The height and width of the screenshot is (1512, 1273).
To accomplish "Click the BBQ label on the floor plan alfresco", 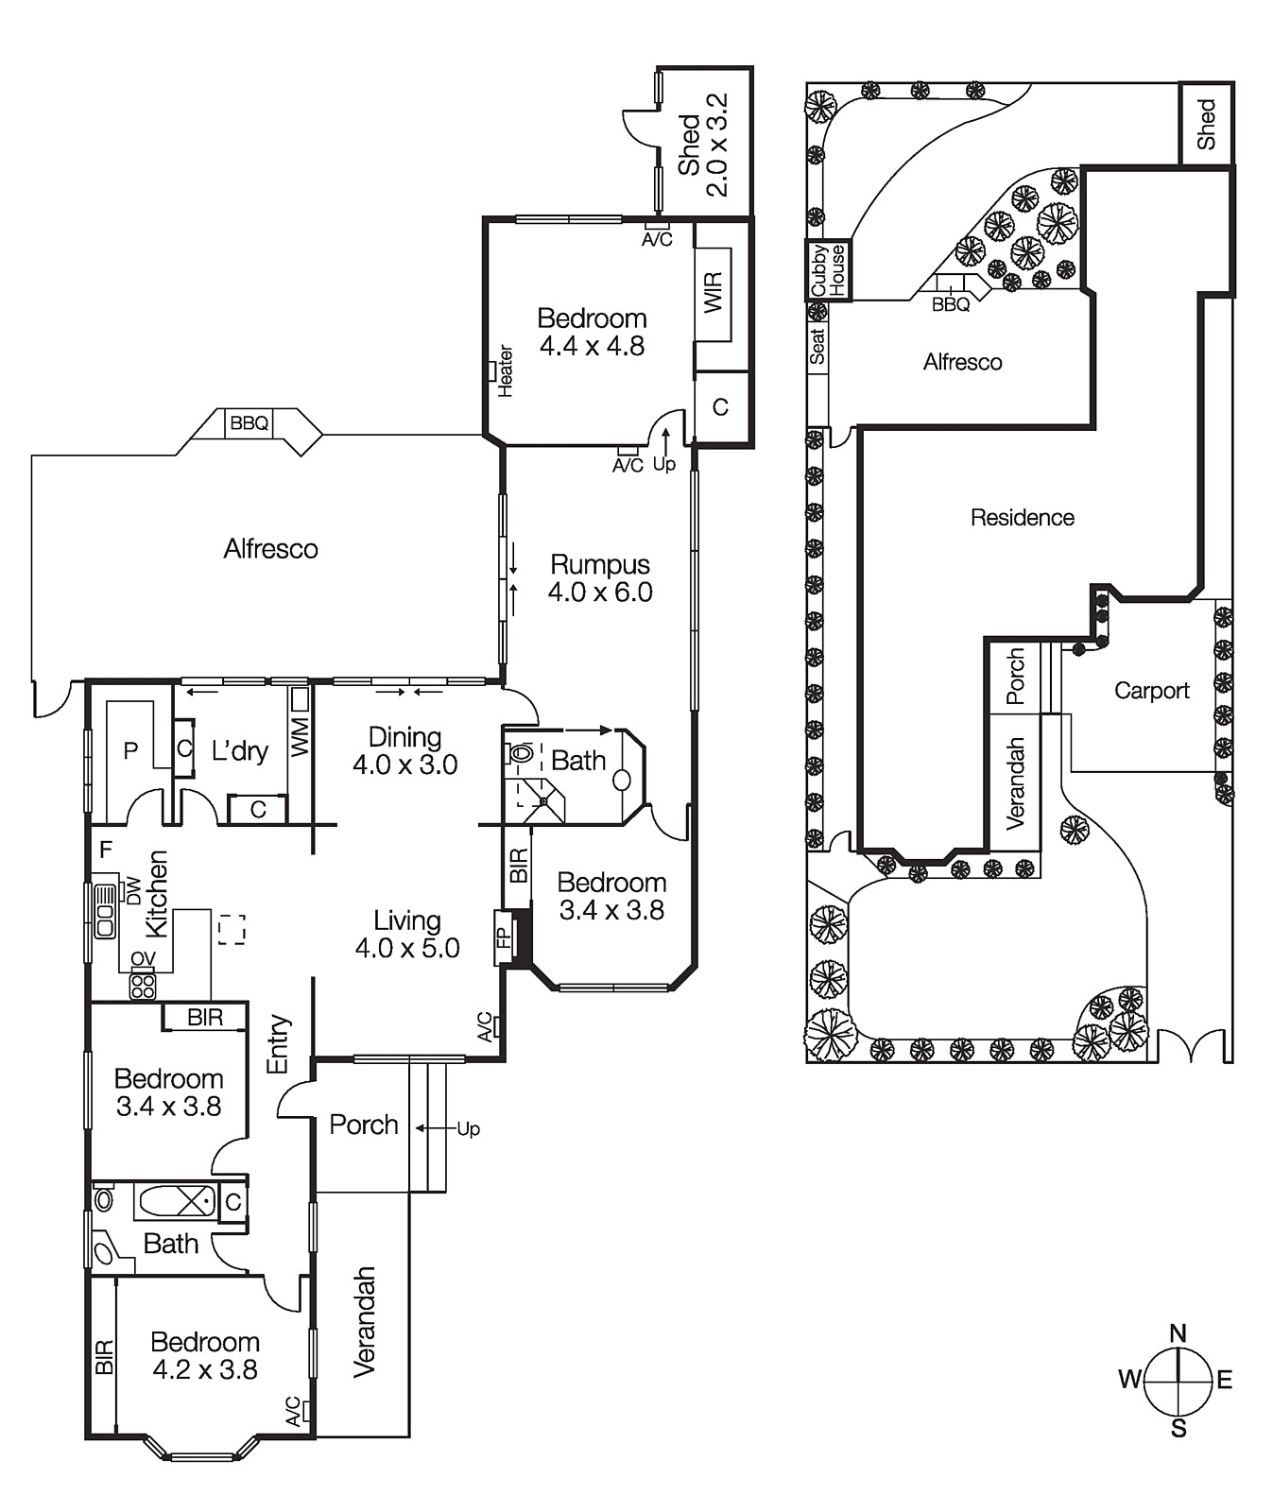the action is point(249,423).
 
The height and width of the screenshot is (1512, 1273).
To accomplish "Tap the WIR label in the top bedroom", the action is point(714,293).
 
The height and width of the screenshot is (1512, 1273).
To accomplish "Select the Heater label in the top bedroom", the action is point(506,370).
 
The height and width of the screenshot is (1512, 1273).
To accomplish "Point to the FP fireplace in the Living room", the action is point(503,937).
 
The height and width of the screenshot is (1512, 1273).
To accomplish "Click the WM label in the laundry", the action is point(300,737).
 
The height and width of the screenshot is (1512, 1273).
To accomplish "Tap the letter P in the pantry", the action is point(131,750).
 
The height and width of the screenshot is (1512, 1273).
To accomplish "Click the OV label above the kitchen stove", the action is point(143,960).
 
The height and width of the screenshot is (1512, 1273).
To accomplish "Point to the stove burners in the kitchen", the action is point(143,986).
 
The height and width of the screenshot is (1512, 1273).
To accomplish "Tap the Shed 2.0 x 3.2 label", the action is point(703,145).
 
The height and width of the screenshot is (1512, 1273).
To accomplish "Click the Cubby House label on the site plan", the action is point(829,270).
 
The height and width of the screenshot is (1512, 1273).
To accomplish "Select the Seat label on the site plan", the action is point(817,345).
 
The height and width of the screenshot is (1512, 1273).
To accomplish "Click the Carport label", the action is point(1151,691).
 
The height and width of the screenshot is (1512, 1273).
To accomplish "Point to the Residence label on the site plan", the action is point(1023,518).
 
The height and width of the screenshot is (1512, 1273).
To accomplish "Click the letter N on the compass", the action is point(1178,1333).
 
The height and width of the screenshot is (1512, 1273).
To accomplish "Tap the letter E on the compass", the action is point(1225,1381).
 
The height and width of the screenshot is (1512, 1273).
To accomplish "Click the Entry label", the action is point(279,1044).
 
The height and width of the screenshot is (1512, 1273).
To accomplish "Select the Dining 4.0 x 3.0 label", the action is point(405,750).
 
